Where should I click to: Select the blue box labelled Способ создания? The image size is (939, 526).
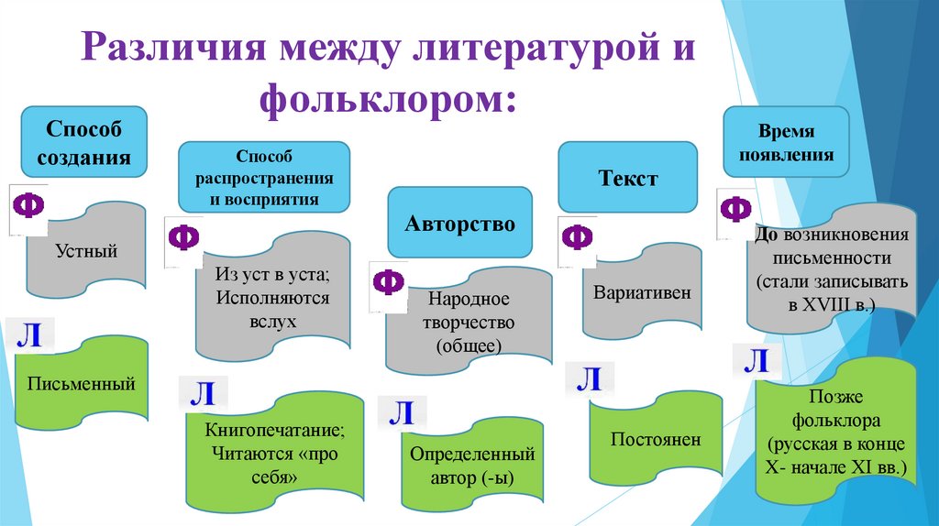click(83, 143)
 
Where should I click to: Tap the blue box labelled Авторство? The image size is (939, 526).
click(460, 223)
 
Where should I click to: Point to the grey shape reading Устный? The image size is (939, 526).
click(86, 250)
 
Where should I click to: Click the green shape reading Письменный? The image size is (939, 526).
click(81, 384)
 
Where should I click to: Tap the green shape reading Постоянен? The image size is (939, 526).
click(656, 440)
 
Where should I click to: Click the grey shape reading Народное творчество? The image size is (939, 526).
click(469, 323)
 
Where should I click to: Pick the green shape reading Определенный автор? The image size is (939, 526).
click(471, 466)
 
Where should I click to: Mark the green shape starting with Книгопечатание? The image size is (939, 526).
click(274, 453)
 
